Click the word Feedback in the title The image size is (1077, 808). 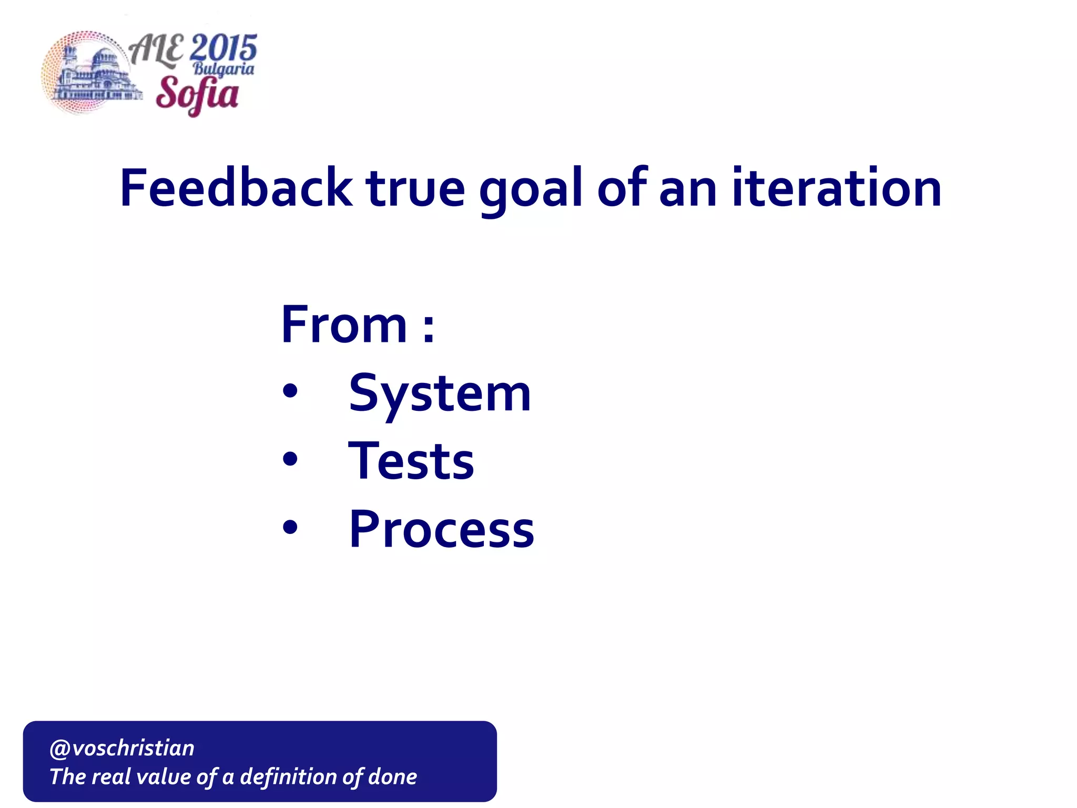tap(236, 188)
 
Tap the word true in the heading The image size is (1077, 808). tap(415, 188)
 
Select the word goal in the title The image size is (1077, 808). tap(531, 189)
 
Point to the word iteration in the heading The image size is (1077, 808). tap(836, 188)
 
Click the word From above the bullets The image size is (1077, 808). tap(344, 325)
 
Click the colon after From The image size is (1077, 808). tap(429, 328)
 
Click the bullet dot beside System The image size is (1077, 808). tap(290, 391)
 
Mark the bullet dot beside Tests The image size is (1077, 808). tap(290, 459)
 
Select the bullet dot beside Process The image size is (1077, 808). tap(290, 527)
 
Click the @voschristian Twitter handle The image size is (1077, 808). tap(122, 748)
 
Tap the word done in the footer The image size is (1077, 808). tap(392, 777)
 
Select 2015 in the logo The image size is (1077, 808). tap(223, 49)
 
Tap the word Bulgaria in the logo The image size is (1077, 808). tap(223, 69)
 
